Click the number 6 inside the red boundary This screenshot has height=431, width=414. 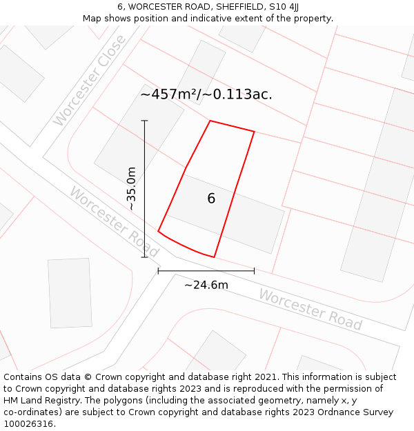coord(211,199)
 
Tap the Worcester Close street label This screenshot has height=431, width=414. coord(90,81)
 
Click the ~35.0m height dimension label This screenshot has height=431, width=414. coord(132,188)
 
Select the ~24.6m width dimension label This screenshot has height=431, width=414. coord(206,285)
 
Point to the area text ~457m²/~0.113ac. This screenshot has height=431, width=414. coord(206,94)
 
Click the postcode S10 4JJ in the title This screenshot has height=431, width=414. coord(285,7)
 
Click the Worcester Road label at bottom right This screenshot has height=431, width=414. coord(310,309)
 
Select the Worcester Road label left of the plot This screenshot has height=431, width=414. coord(114,221)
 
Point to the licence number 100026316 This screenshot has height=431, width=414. coord(29,424)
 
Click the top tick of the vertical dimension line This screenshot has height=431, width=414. coord(145,121)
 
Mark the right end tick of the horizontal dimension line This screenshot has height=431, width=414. coord(254,271)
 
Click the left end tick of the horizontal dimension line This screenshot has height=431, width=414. coord(158,271)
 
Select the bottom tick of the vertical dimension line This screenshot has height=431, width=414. coord(145,257)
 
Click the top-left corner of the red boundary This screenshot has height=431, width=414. coord(210,121)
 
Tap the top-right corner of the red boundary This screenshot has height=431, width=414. coord(254,131)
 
